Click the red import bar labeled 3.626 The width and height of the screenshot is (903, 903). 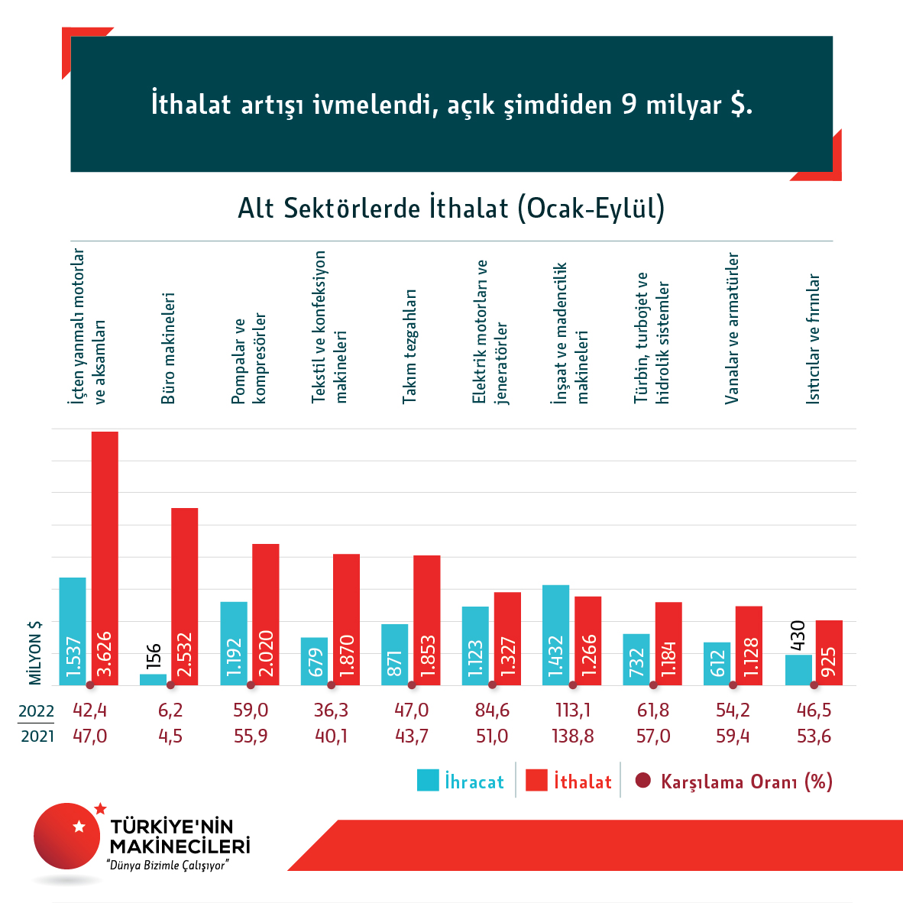pos(105,558)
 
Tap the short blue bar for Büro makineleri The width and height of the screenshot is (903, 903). pos(153,679)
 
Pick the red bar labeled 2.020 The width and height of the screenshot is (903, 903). pos(265,614)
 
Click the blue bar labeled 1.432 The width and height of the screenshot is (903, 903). pos(556,635)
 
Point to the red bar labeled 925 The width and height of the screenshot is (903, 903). pos(829,652)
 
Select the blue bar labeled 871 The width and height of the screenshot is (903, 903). pos(394,654)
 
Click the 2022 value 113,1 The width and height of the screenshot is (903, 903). pos(572,710)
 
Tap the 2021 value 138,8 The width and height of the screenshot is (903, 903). pos(572,736)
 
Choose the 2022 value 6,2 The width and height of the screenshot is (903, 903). pos(170,710)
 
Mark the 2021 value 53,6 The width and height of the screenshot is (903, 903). pos(814,736)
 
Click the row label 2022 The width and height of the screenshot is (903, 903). pos(36,711)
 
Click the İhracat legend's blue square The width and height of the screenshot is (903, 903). pos(428,780)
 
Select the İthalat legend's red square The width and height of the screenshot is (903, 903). pos(537,780)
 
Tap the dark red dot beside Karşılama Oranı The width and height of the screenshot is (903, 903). pos(643,780)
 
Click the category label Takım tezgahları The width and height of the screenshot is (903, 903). pos(410,346)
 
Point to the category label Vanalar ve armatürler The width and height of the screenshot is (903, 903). pos(732,329)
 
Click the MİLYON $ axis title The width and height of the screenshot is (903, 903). pos(35,652)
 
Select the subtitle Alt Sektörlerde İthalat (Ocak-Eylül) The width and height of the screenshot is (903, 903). pos(451,208)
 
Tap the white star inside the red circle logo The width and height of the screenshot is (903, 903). pos(78,826)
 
